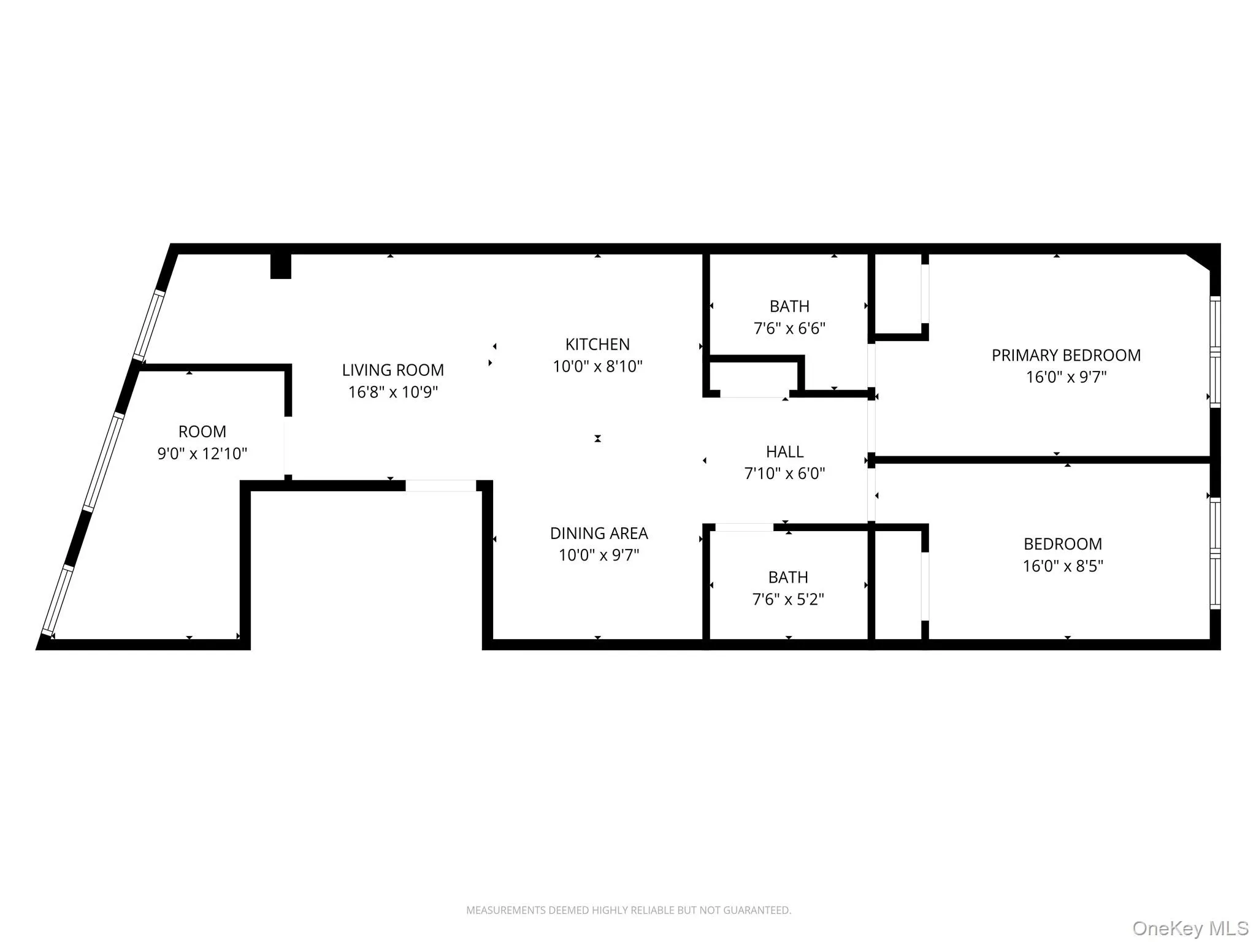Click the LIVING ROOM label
click(392, 370)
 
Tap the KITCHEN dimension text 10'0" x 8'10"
click(597, 366)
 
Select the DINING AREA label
click(599, 533)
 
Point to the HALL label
click(784, 451)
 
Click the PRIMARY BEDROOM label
click(1066, 355)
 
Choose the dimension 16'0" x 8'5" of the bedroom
click(1062, 565)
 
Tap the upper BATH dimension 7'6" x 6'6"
click(789, 328)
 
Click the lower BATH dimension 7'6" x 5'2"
click(788, 599)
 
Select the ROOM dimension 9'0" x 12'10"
click(202, 453)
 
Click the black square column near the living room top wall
click(281, 266)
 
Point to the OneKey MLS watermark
click(1190, 928)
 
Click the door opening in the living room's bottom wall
click(440, 486)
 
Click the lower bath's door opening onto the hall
click(744, 527)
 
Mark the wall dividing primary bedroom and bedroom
click(1043, 459)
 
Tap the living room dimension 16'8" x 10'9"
click(392, 392)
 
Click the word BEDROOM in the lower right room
click(1062, 543)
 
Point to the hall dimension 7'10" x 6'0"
click(784, 473)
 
